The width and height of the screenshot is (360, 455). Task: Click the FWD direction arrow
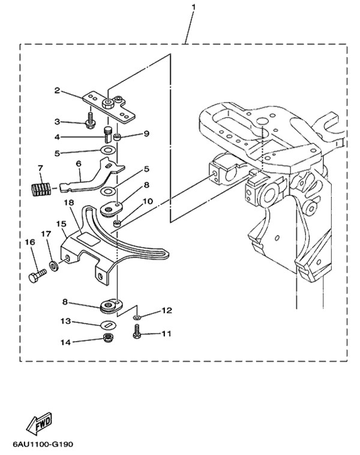39,423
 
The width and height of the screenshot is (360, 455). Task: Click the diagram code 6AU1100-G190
43,444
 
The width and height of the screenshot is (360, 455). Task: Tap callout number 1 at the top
193,7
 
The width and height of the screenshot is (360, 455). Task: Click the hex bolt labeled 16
37,275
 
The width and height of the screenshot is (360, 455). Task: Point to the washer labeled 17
54,266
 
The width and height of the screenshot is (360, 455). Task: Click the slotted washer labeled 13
109,325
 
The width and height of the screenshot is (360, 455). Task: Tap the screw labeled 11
137,331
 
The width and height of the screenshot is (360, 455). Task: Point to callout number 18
69,202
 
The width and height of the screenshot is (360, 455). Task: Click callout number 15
61,224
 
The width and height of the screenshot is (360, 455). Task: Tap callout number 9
146,134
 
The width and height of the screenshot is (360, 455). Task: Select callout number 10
148,201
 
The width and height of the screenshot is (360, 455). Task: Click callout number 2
57,91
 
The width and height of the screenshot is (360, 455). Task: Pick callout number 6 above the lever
79,164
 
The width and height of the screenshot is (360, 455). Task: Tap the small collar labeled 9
117,137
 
